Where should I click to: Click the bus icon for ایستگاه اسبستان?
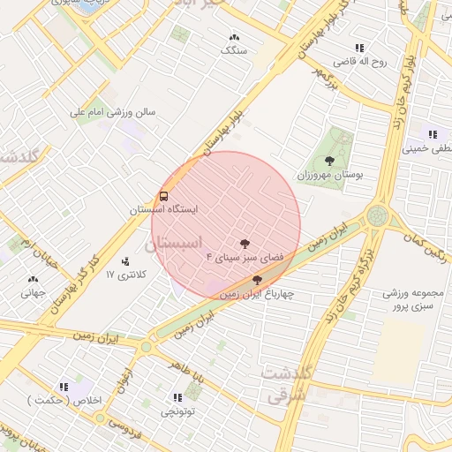point(164,196)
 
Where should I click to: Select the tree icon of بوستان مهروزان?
point(329,162)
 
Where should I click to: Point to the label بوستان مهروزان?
point(333,177)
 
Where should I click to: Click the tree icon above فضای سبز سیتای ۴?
point(244,242)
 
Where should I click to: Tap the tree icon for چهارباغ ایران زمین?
point(256,280)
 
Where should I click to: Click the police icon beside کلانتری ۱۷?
point(125,260)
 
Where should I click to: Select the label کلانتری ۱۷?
point(124,275)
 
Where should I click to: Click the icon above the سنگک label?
point(234,37)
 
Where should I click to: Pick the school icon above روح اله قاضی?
point(358,48)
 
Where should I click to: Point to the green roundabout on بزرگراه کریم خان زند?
point(378,215)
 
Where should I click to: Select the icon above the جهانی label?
point(33,279)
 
